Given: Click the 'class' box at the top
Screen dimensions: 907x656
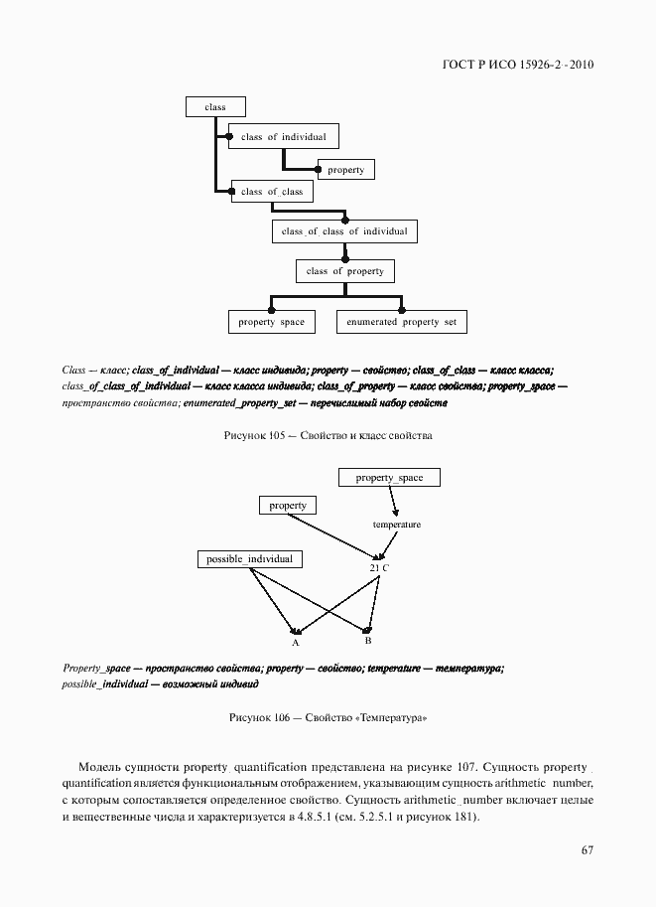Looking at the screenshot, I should pyautogui.click(x=215, y=107).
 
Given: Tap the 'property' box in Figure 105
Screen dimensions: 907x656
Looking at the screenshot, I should pyautogui.click(x=345, y=170).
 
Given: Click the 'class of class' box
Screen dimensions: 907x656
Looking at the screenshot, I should pyautogui.click(x=272, y=192).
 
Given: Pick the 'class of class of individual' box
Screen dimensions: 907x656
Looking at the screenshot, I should pyautogui.click(x=344, y=231).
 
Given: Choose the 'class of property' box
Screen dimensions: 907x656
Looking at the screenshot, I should pyautogui.click(x=344, y=271).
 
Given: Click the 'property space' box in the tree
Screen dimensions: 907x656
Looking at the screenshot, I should pyautogui.click(x=271, y=322).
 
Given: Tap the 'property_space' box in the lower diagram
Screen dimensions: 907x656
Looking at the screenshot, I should pyautogui.click(x=389, y=478).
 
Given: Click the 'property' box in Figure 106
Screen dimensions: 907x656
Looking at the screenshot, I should pyautogui.click(x=288, y=506).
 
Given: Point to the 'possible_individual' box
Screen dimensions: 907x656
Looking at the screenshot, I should pyautogui.click(x=249, y=559).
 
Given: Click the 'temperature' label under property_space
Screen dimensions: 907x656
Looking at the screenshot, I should pyautogui.click(x=396, y=525).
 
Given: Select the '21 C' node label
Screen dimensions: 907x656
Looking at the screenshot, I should pyautogui.click(x=379, y=567).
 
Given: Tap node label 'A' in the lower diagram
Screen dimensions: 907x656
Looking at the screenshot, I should pyautogui.click(x=296, y=643).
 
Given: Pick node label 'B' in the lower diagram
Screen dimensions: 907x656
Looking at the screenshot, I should pyautogui.click(x=367, y=641).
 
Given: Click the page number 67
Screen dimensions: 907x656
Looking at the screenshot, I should pyautogui.click(x=587, y=850).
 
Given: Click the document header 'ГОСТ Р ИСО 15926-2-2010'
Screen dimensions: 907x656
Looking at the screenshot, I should pyautogui.click(x=517, y=66).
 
